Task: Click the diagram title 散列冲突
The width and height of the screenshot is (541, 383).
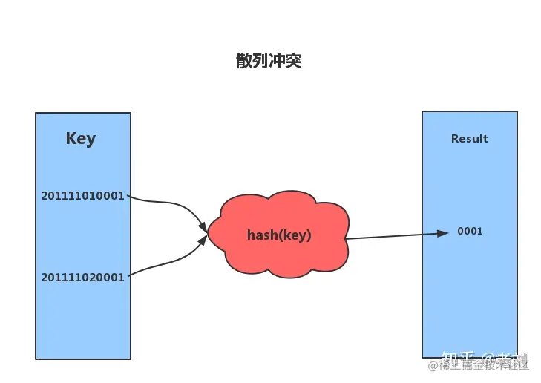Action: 269,61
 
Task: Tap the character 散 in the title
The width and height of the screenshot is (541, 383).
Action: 244,61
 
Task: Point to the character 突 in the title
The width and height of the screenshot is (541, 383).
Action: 294,61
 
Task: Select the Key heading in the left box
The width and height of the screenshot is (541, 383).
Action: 81,139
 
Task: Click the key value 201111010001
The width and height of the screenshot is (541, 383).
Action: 83,196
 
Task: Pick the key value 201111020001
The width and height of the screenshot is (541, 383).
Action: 83,277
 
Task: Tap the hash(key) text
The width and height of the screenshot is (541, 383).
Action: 279,235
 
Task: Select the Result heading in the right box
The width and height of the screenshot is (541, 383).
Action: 469,139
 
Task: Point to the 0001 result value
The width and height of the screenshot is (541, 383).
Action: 470,231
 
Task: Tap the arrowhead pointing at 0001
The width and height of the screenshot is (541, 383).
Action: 444,233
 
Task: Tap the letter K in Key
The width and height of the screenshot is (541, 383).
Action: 71,139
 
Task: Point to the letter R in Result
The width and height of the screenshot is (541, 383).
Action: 455,139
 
